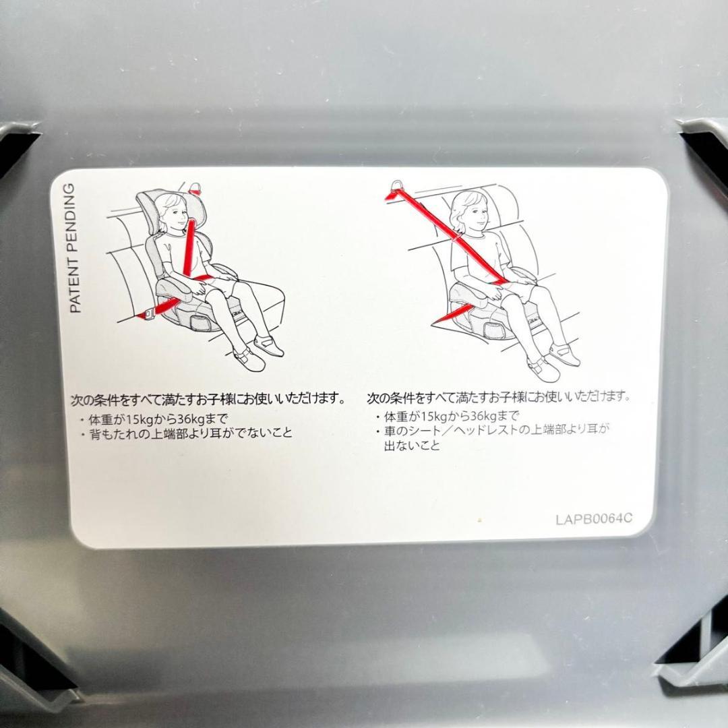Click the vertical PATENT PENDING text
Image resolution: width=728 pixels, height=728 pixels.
point(75,249)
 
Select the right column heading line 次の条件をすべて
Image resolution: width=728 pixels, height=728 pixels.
point(499,397)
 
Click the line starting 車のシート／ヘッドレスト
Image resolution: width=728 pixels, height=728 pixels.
point(495,431)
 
